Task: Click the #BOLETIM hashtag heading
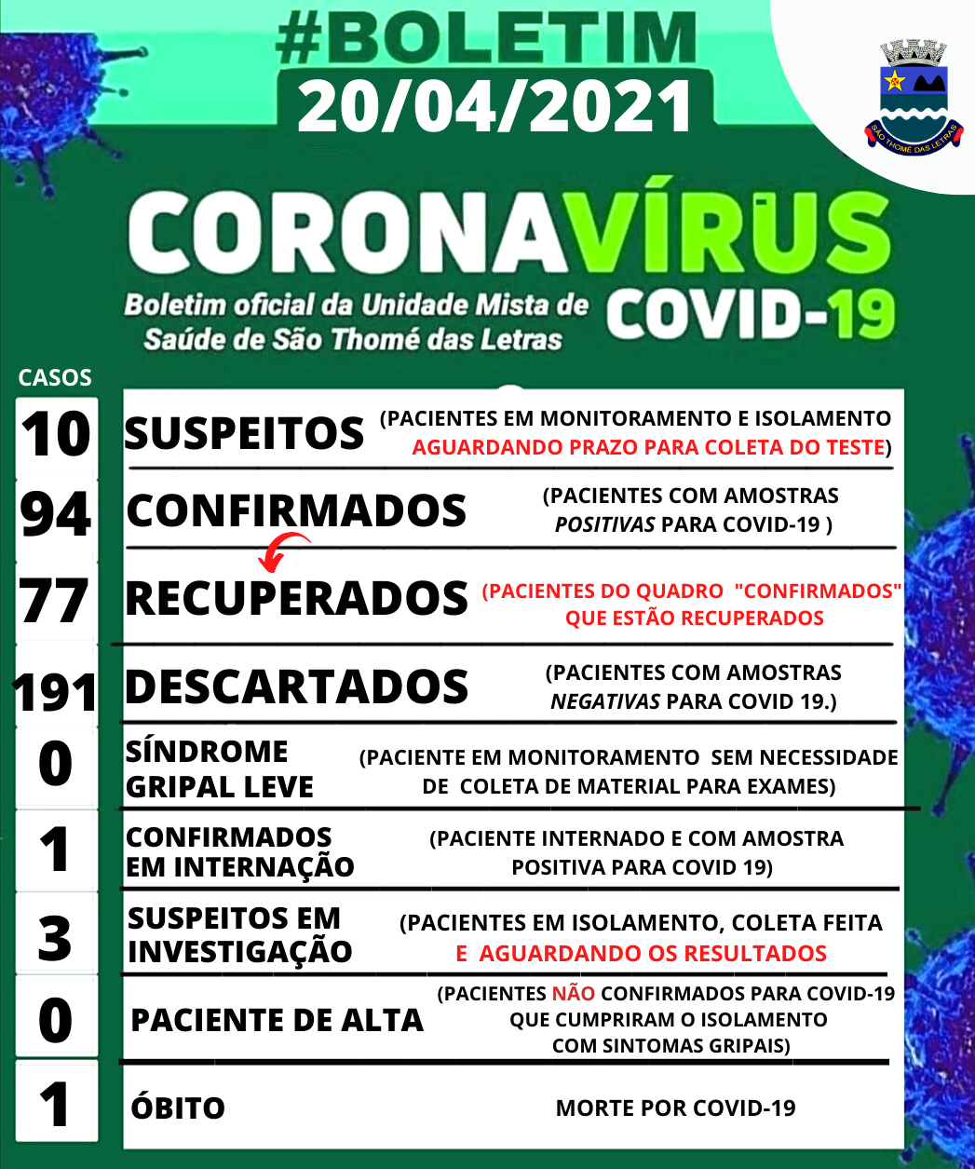click(x=487, y=40)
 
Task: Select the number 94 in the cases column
click(x=56, y=514)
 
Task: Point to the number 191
click(x=55, y=692)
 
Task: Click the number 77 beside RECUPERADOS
click(x=55, y=601)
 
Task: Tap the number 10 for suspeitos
click(x=56, y=434)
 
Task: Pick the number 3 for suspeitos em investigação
click(x=55, y=937)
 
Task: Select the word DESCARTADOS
click(x=296, y=686)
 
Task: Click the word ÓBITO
click(x=178, y=1108)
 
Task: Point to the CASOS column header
click(x=55, y=377)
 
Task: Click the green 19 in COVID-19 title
click(x=863, y=315)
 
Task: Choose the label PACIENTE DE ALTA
click(x=277, y=1020)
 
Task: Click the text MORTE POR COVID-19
click(x=675, y=1108)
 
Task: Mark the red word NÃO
click(x=573, y=994)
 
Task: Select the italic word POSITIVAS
click(x=604, y=524)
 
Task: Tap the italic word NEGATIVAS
click(x=605, y=700)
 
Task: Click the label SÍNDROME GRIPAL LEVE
click(x=219, y=769)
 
